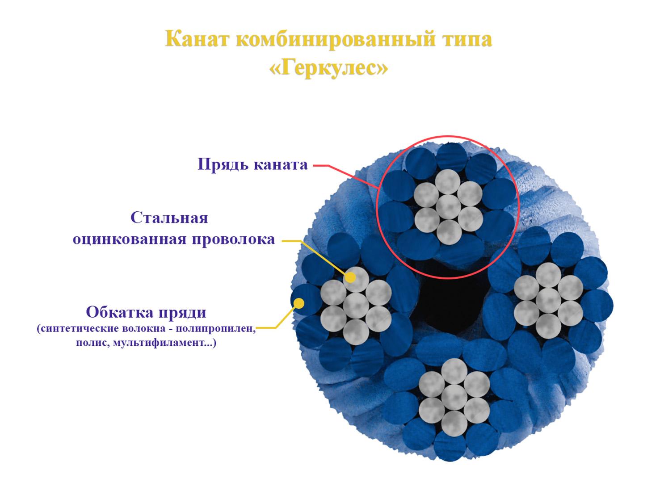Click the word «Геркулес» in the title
point(328,68)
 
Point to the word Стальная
point(169,218)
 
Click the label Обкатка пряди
point(146,313)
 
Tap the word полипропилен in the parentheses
point(215,328)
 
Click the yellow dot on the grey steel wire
point(350,277)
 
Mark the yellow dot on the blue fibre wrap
point(299,303)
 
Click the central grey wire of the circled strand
point(448,207)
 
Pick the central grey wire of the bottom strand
point(454,397)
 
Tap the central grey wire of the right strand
point(548,301)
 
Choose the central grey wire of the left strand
point(356,306)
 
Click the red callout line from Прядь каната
point(346,176)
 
